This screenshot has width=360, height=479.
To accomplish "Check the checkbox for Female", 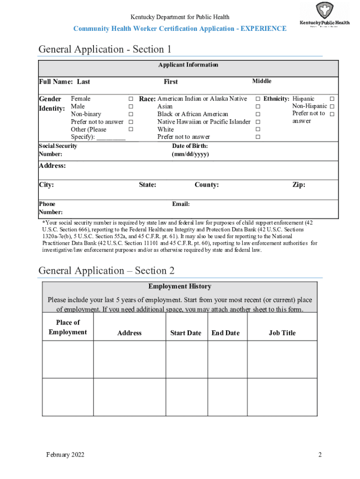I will (x=131, y=99).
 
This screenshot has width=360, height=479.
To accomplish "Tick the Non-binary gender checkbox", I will (x=131, y=115).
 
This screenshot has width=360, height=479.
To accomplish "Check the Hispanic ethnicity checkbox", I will (x=331, y=99).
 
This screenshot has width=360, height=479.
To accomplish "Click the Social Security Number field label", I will (x=58, y=150).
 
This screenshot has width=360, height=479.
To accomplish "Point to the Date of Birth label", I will (x=190, y=150).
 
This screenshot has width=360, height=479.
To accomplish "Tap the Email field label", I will (x=181, y=204).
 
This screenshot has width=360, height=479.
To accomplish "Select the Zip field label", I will (x=299, y=185).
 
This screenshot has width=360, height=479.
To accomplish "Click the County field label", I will (x=206, y=185).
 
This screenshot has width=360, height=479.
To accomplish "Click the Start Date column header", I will (x=186, y=333).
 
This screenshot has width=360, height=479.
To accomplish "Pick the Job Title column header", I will (x=282, y=333).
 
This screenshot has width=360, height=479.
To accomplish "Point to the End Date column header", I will (x=225, y=333).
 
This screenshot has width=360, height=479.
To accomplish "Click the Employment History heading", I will (x=180, y=286).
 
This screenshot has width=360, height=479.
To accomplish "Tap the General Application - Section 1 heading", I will (x=105, y=49).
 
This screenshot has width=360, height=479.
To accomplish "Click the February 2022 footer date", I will (x=65, y=455).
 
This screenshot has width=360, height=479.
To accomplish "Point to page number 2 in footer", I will (x=320, y=455).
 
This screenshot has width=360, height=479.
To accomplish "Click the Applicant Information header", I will (x=188, y=65).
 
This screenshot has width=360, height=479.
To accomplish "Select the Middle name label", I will (x=261, y=81).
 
